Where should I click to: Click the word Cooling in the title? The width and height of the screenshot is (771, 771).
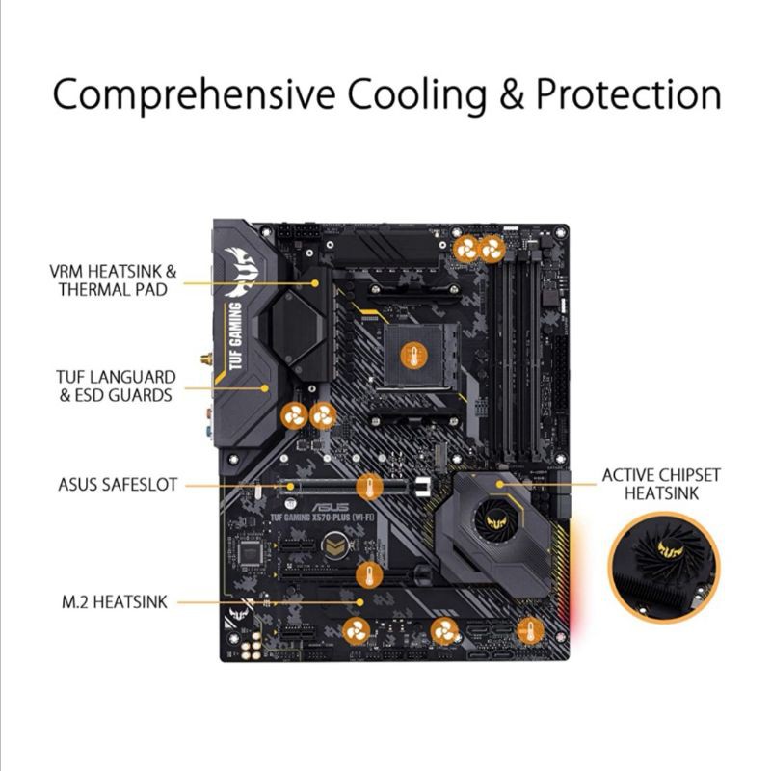(417, 95)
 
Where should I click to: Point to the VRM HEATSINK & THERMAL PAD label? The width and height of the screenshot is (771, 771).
(114, 280)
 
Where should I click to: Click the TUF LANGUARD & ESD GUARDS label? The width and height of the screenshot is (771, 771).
(116, 385)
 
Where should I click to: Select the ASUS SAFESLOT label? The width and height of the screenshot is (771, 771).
(118, 484)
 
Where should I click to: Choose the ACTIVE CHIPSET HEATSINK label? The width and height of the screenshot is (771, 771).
(660, 484)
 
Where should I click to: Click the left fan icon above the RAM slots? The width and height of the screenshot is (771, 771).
(466, 249)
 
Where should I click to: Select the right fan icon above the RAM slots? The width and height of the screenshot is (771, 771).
(492, 249)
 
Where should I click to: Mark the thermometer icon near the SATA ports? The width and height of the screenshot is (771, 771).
(528, 631)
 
